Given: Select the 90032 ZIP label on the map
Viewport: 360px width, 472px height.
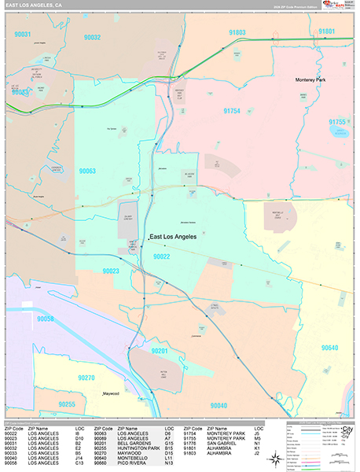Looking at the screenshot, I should click(93, 36).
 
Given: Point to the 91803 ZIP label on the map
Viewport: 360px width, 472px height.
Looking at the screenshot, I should click(237, 32).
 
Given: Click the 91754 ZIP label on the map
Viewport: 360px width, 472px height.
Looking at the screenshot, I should click(232, 112).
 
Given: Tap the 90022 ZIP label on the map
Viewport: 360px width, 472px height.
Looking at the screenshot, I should click(162, 256).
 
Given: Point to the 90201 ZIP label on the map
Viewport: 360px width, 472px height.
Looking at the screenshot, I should click(160, 350).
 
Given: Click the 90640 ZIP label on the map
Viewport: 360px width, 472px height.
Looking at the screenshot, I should click(330, 348).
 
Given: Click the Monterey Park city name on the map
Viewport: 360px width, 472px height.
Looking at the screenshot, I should click(314, 80).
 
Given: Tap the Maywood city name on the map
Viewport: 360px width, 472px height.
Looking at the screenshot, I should click(116, 393).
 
